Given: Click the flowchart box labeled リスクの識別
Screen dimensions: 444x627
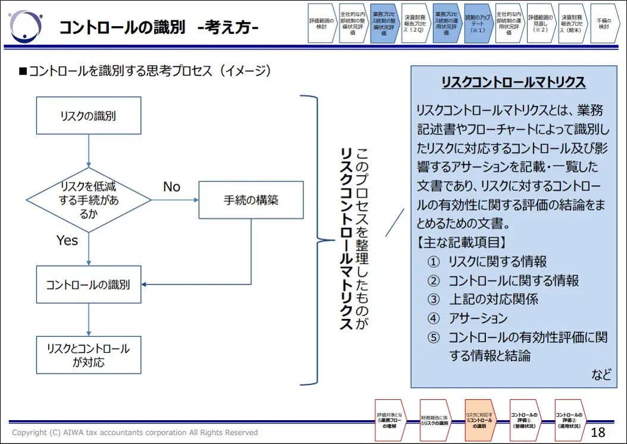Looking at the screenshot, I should (x=89, y=116).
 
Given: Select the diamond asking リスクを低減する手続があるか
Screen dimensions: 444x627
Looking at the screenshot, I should (x=89, y=200).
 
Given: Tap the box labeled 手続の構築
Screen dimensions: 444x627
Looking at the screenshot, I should (x=251, y=201).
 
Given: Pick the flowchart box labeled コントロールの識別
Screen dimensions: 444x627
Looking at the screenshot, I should (x=89, y=285).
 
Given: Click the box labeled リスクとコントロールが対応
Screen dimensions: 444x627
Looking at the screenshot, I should (x=89, y=355).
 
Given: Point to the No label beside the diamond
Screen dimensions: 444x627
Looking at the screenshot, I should (x=171, y=187).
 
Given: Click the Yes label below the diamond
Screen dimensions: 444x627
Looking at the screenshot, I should (x=67, y=240).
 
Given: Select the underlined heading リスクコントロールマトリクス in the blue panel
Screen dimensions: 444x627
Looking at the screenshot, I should (x=513, y=82).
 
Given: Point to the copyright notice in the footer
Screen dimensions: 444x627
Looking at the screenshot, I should (x=135, y=433).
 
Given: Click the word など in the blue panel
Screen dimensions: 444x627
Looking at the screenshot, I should (x=601, y=374).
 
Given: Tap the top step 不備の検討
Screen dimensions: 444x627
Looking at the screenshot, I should (x=604, y=24).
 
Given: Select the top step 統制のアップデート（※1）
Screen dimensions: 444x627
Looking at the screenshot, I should (x=478, y=24).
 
